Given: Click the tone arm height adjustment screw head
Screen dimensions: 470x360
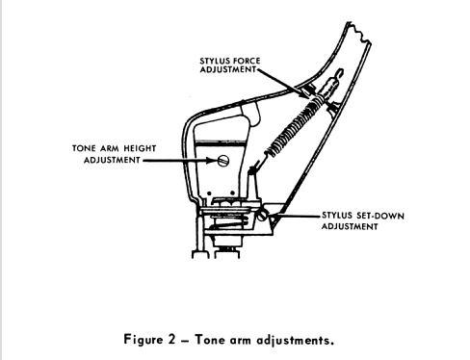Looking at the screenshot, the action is [x=223, y=160].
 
